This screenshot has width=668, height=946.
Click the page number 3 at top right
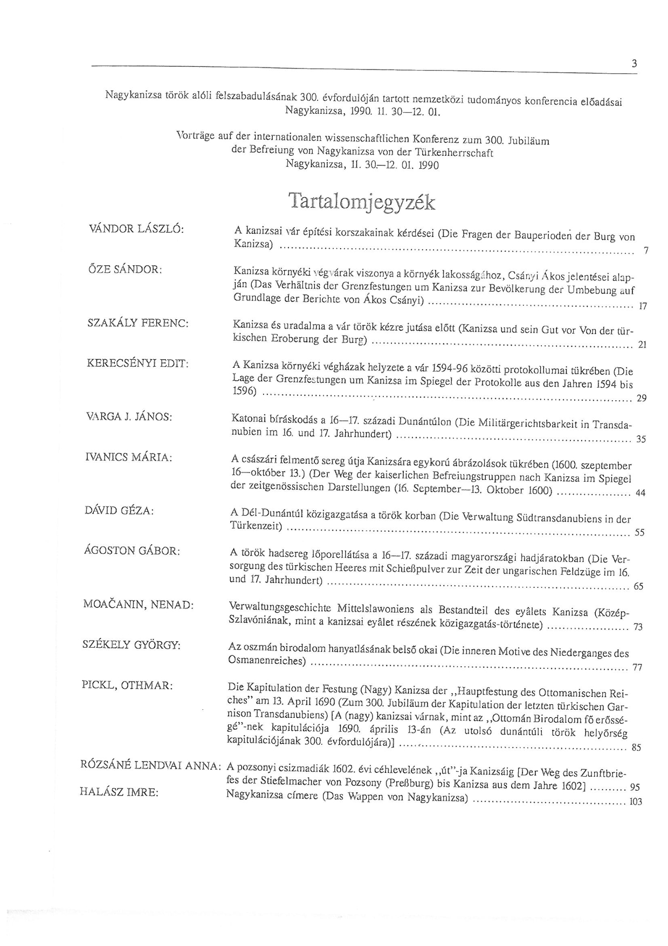coord(634,64)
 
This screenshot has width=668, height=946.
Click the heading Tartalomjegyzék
coord(362,201)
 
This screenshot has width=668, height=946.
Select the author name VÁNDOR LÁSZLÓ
coord(136,228)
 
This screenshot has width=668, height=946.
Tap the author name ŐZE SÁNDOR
coord(125,269)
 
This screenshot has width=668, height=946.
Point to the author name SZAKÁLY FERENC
coord(137,323)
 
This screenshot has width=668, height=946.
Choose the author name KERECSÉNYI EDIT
coord(137,364)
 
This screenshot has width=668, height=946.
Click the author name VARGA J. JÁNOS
coord(129,417)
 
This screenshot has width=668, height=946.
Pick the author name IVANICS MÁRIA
coord(129,457)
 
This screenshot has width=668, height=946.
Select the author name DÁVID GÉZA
coord(119,510)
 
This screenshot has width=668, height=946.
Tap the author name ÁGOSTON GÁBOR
coord(132,551)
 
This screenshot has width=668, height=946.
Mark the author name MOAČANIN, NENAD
coord(138,605)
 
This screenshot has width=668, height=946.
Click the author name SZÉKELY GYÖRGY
coord(131,645)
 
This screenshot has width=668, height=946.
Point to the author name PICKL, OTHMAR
coord(127,685)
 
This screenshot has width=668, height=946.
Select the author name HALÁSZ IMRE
coord(119,792)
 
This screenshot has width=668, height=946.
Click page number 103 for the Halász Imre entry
coord(636,801)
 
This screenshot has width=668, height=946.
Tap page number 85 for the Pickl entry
coord(636,748)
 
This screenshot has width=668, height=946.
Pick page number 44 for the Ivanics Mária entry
coord(640,492)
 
